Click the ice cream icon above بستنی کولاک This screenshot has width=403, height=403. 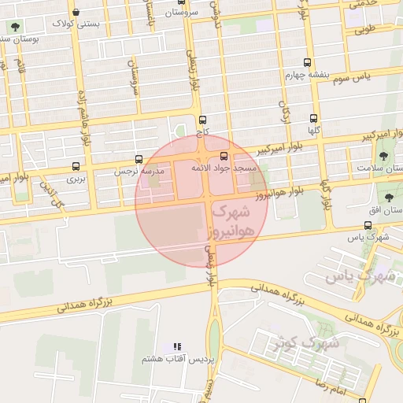click(75, 12)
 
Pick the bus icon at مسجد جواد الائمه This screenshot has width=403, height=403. click(224, 156)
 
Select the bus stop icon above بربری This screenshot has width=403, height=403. click(76, 167)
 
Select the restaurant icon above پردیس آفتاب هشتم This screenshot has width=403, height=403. click(178, 346)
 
